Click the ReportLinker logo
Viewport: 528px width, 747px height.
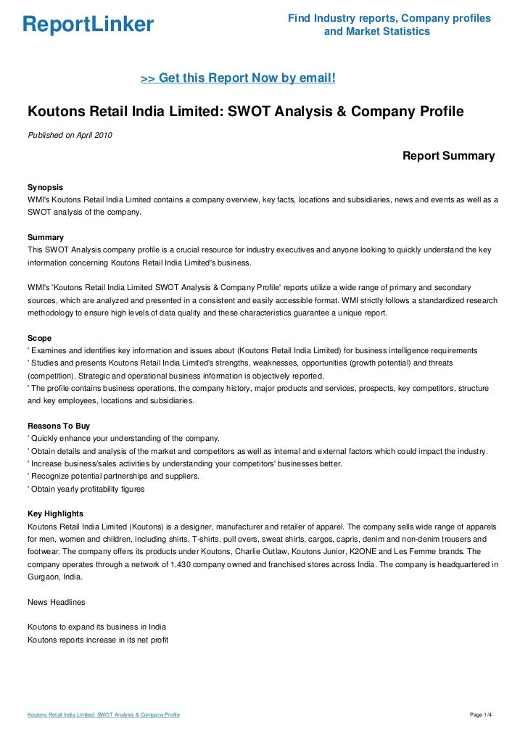coord(88,25)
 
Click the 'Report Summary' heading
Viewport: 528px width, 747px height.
coord(448,156)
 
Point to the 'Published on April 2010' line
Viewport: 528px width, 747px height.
coord(69,135)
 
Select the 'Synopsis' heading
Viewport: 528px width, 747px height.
coord(46,186)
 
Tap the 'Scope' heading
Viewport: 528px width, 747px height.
coord(39,338)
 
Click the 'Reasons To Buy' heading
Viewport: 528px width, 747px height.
coord(58,426)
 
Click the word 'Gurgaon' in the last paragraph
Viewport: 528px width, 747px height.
coord(44,577)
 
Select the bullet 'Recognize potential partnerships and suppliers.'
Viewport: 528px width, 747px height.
coord(113,476)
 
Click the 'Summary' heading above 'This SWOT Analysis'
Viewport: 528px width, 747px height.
coord(45,237)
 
